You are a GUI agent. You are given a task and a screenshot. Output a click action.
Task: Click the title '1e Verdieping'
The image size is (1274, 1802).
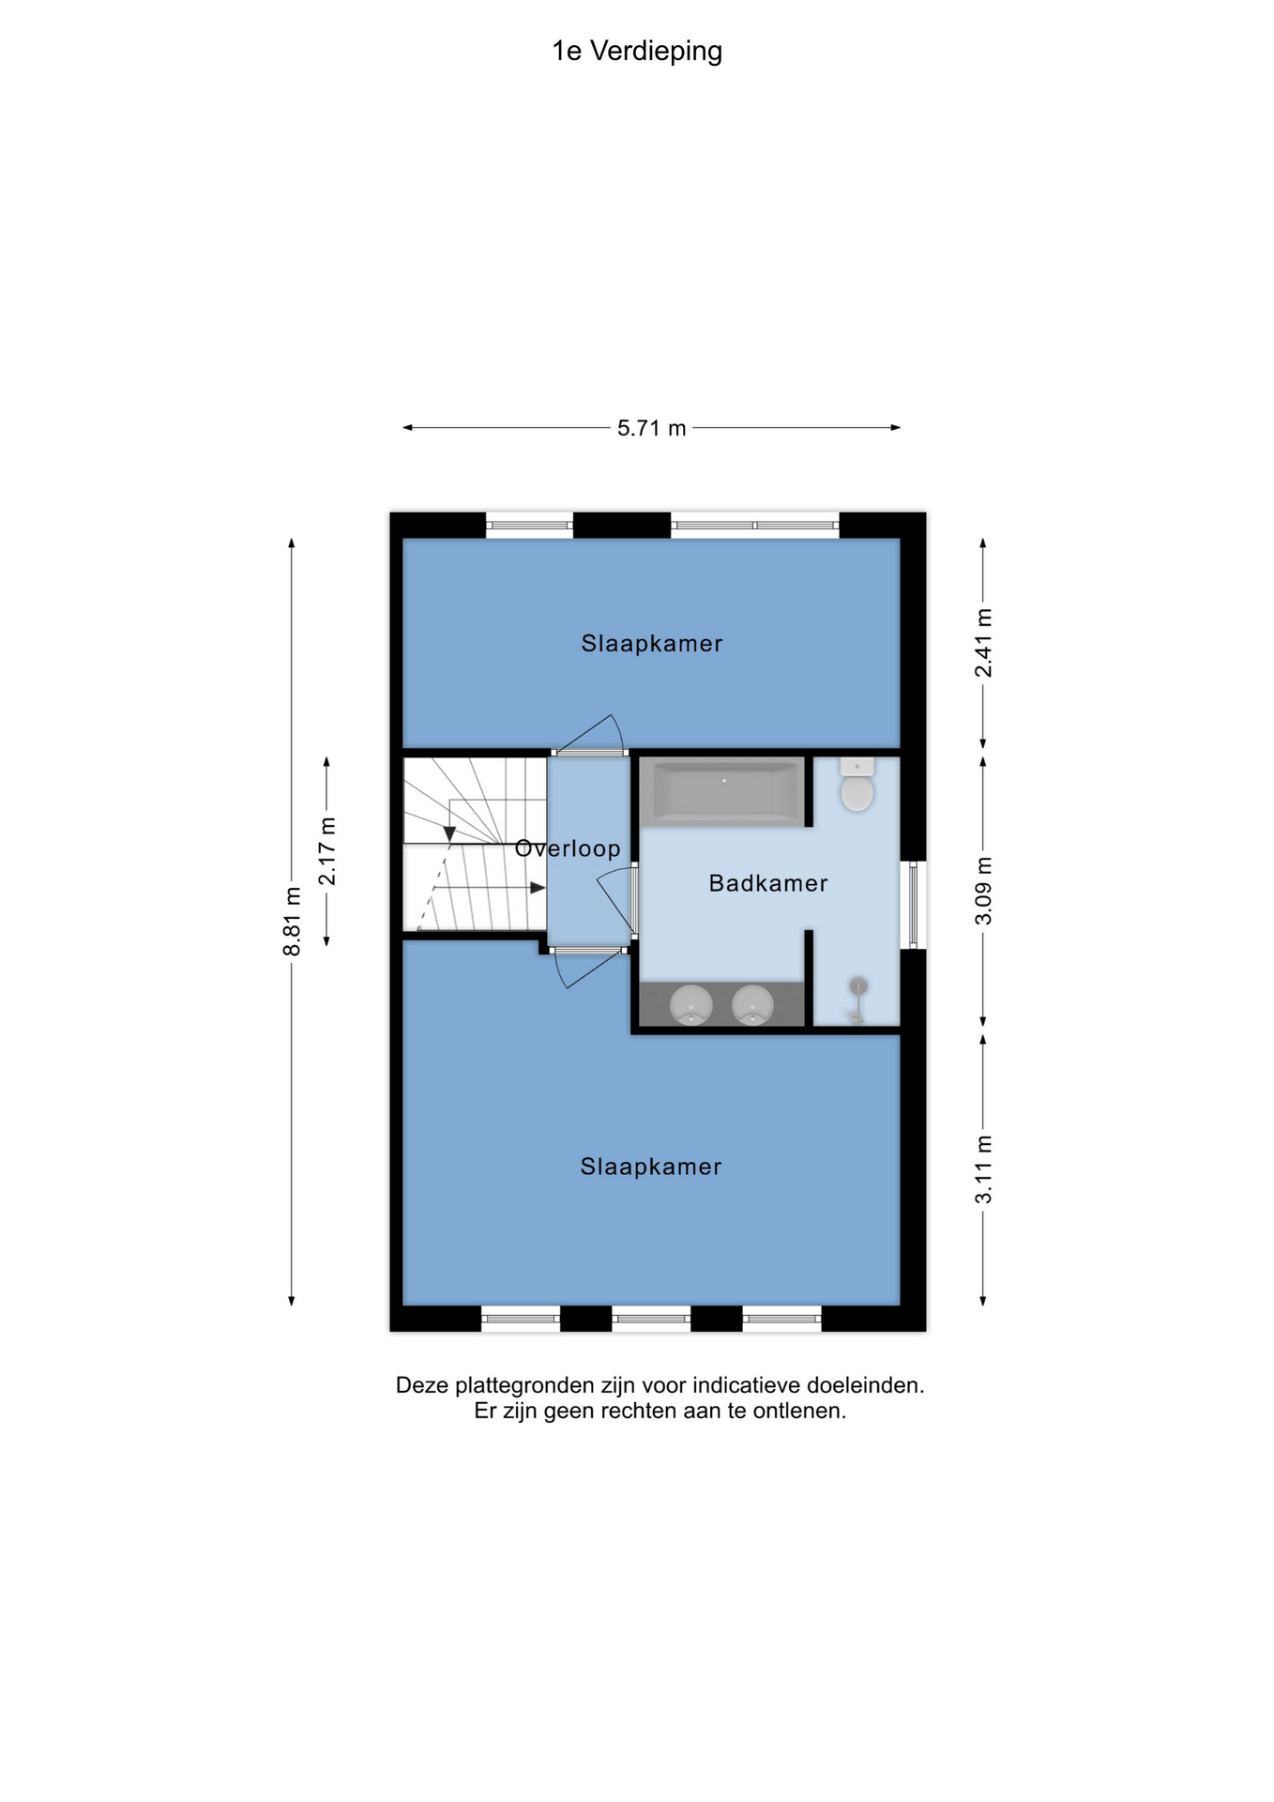[637, 52]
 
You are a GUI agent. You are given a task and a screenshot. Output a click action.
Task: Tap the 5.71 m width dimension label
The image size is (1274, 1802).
[652, 429]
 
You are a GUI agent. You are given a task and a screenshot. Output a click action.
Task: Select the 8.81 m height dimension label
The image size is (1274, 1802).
[292, 922]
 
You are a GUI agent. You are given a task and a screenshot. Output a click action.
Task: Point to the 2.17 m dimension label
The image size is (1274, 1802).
[327, 850]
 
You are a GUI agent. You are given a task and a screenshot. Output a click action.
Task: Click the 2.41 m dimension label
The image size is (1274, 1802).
[983, 643]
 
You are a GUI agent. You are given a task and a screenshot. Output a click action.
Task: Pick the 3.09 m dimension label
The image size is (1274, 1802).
[983, 891]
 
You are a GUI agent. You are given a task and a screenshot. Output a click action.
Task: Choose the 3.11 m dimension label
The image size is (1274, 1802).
[983, 1169]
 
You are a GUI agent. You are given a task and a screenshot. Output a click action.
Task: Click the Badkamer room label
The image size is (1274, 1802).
[768, 883]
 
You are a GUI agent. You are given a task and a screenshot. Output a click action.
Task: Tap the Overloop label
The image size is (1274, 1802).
[568, 848]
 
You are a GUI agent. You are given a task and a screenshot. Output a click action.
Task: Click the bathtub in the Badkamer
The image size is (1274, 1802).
[722, 792]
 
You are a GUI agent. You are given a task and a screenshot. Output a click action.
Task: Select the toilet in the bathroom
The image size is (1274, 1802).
[857, 784]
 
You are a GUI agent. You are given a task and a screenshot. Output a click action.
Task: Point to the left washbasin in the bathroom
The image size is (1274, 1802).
[691, 1005]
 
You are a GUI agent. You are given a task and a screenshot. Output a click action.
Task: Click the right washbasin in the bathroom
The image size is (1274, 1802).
[752, 1005]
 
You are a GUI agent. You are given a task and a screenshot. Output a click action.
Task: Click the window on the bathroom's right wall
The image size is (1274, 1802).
[913, 905]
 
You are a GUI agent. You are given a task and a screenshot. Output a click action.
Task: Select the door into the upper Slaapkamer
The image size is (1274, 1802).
[590, 736]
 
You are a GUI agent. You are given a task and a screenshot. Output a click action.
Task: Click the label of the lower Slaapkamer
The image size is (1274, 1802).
[651, 1167]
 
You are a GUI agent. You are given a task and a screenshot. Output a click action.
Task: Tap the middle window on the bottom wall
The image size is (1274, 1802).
[651, 1319]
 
